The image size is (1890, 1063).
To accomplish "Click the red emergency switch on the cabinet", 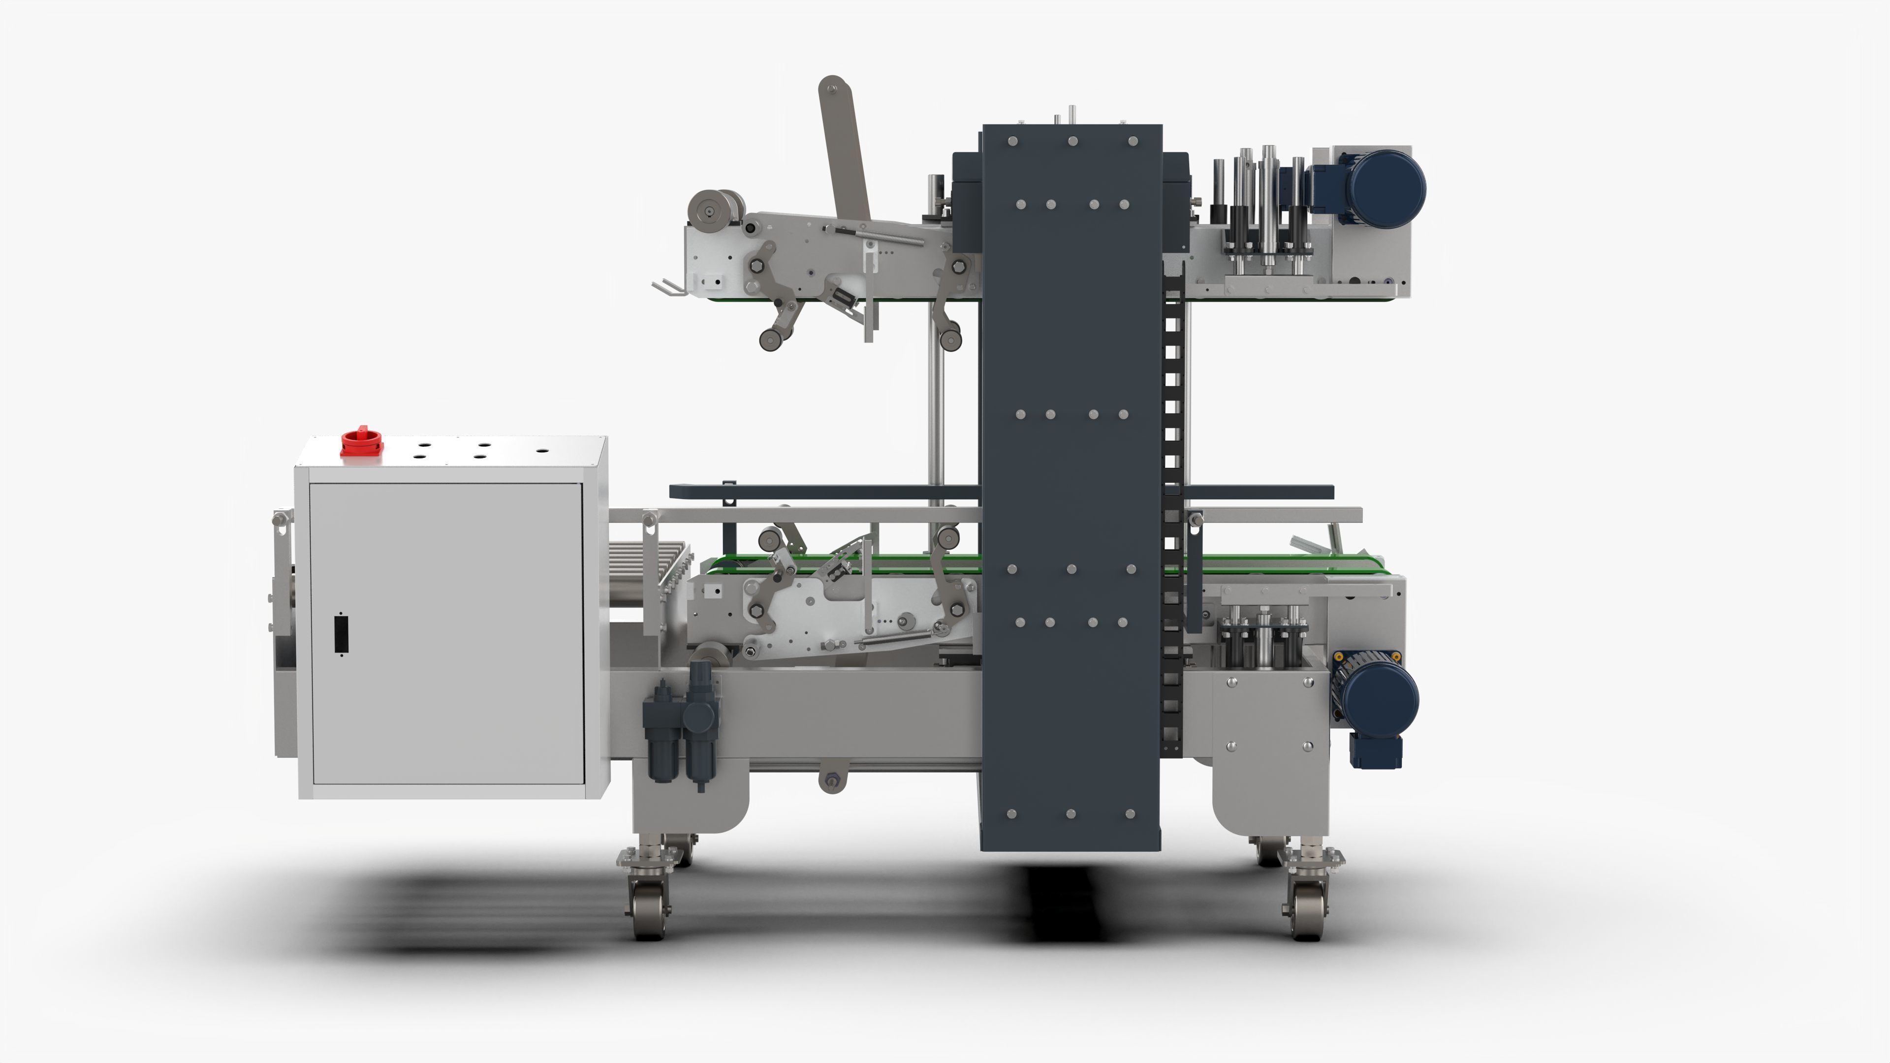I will pyautogui.click(x=361, y=441).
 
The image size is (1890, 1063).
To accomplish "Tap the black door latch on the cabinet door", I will pyautogui.click(x=341, y=634).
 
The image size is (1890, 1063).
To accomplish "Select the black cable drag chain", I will pyautogui.click(x=1172, y=513).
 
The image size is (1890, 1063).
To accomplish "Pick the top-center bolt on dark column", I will pyautogui.click(x=1072, y=141).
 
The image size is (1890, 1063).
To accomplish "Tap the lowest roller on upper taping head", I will pyautogui.click(x=770, y=340).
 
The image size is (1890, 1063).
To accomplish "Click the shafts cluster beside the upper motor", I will pyautogui.click(x=1259, y=213).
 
